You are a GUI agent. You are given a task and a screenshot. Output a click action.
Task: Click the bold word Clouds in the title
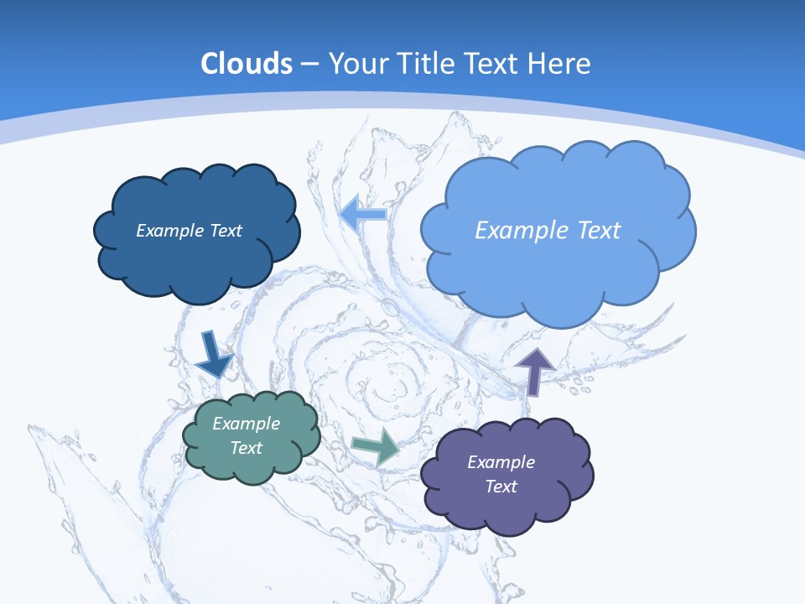(x=247, y=64)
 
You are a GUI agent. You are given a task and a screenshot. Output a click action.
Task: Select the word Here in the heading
(x=560, y=64)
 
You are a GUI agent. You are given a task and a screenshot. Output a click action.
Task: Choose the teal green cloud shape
(x=252, y=466)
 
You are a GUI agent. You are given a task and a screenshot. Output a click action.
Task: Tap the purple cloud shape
(x=506, y=508)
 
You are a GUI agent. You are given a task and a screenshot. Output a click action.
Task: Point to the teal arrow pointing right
(x=377, y=446)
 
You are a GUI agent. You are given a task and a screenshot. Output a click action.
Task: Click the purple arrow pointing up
(x=534, y=369)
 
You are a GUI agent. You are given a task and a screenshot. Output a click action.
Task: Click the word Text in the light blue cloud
(x=595, y=231)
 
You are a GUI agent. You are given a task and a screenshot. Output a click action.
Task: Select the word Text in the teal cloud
(x=247, y=448)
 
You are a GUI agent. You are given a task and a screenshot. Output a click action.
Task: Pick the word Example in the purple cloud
(x=501, y=462)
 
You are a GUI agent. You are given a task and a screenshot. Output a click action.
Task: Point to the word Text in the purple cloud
(x=501, y=487)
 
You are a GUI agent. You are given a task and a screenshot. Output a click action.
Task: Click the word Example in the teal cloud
(x=247, y=424)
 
